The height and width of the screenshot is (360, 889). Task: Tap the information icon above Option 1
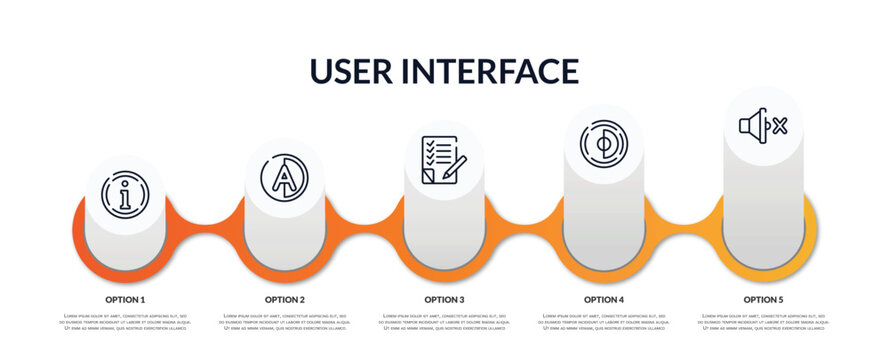[125, 194]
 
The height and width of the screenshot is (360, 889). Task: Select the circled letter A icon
[284, 175]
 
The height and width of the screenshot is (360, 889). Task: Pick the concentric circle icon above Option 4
[603, 143]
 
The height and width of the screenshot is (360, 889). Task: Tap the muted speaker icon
[762, 126]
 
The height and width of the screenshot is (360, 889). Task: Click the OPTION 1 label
[125, 299]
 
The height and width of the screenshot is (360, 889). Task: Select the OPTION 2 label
[285, 299]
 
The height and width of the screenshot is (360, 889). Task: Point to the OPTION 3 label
[444, 299]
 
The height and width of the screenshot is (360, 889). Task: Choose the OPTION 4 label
[604, 299]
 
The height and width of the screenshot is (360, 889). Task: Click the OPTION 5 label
[763, 299]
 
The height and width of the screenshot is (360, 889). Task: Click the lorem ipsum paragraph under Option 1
[125, 323]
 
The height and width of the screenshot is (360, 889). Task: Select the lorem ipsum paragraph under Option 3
[444, 323]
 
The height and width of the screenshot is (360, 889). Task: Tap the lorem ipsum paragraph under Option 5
[763, 323]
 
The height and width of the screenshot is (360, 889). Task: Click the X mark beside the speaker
[780, 126]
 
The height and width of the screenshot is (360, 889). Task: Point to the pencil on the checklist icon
[453, 168]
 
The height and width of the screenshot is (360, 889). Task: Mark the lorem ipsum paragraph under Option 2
[285, 323]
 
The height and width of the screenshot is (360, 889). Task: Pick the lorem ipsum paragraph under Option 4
[604, 323]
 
